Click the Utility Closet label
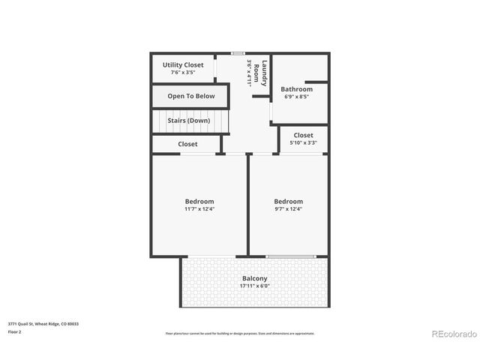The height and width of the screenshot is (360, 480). [183, 65]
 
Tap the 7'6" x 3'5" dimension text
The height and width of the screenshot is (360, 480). [183, 73]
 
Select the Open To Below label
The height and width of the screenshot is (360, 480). [190, 96]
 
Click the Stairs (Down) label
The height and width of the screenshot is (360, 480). [188, 120]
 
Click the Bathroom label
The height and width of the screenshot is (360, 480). [296, 89]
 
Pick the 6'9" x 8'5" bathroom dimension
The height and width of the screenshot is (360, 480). [296, 97]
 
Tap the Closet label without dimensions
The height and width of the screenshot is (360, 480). [187, 144]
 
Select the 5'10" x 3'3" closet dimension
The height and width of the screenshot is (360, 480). [303, 142]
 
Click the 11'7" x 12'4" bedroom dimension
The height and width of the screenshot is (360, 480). [199, 209]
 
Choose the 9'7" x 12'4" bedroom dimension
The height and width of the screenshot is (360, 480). [288, 209]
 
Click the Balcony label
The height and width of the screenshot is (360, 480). [254, 278]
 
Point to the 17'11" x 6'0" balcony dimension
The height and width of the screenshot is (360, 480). [254, 286]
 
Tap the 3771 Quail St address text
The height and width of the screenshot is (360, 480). [43, 323]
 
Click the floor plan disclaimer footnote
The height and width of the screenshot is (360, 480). [239, 333]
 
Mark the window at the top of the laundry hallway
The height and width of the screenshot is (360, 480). [238, 53]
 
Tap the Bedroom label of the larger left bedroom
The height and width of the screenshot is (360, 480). [199, 201]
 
